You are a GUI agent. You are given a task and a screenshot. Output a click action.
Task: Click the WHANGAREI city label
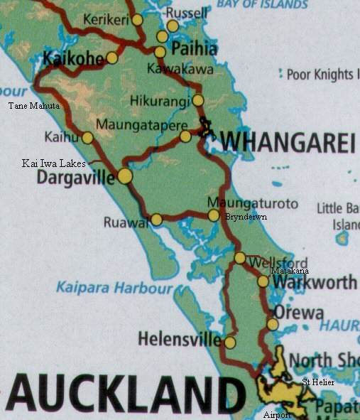point(286,142)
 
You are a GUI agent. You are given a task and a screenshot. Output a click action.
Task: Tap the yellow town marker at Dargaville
point(125,176)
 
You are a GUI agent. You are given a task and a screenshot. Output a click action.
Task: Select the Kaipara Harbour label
point(114,288)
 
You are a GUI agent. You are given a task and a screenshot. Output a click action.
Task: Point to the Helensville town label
point(179,339)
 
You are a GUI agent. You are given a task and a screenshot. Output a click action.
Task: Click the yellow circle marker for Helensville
point(229,343)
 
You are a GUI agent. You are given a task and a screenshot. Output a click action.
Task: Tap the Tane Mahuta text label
point(33,107)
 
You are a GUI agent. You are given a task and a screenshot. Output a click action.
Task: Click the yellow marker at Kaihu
point(87,138)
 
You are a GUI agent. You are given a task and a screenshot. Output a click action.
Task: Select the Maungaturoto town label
point(253,204)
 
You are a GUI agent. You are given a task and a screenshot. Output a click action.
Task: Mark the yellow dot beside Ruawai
point(156,220)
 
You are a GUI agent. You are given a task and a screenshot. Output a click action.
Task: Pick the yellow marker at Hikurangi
point(198,100)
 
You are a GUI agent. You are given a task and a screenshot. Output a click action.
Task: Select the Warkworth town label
point(315,282)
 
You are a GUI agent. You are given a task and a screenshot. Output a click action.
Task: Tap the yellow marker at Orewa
point(273,325)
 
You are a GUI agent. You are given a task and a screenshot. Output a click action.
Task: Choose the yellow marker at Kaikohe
point(112,58)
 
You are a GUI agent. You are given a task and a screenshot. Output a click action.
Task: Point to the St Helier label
point(318,382)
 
